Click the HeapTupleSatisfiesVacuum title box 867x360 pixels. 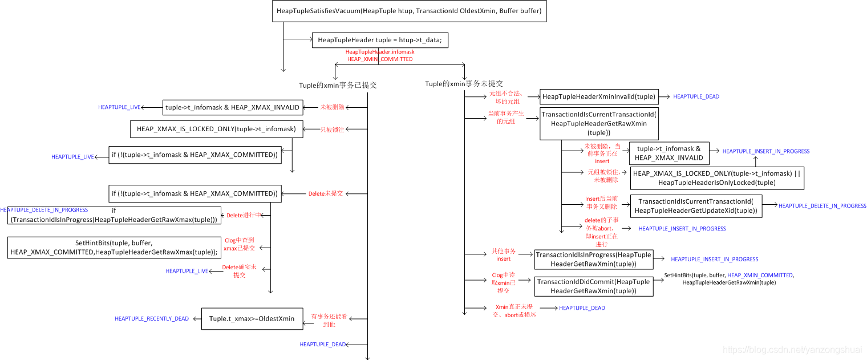[x=409, y=11]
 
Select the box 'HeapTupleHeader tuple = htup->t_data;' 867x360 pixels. [x=379, y=40]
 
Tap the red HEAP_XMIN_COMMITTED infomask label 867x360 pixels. [x=380, y=59]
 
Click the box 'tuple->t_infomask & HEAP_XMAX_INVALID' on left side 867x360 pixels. [x=233, y=107]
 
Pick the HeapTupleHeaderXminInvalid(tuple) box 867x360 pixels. [x=599, y=96]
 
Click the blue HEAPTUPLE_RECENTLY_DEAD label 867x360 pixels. [x=152, y=319]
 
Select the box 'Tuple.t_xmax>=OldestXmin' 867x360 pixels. [x=252, y=318]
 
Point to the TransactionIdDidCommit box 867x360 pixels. [x=593, y=286]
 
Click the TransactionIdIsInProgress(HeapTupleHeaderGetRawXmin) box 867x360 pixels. [x=593, y=260]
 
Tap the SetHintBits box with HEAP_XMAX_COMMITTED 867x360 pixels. [x=114, y=248]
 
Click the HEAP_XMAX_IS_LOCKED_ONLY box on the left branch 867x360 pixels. [x=216, y=130]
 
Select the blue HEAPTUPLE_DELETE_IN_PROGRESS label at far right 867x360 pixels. [x=822, y=206]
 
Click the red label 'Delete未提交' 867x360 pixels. [x=325, y=194]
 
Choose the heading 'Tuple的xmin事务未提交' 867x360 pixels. [x=464, y=84]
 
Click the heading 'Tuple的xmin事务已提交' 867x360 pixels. [x=338, y=86]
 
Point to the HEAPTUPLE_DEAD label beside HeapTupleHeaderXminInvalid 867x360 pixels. [x=696, y=97]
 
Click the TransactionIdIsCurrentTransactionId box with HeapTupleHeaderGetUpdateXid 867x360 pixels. [x=695, y=206]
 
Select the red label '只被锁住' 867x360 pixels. [x=332, y=130]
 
